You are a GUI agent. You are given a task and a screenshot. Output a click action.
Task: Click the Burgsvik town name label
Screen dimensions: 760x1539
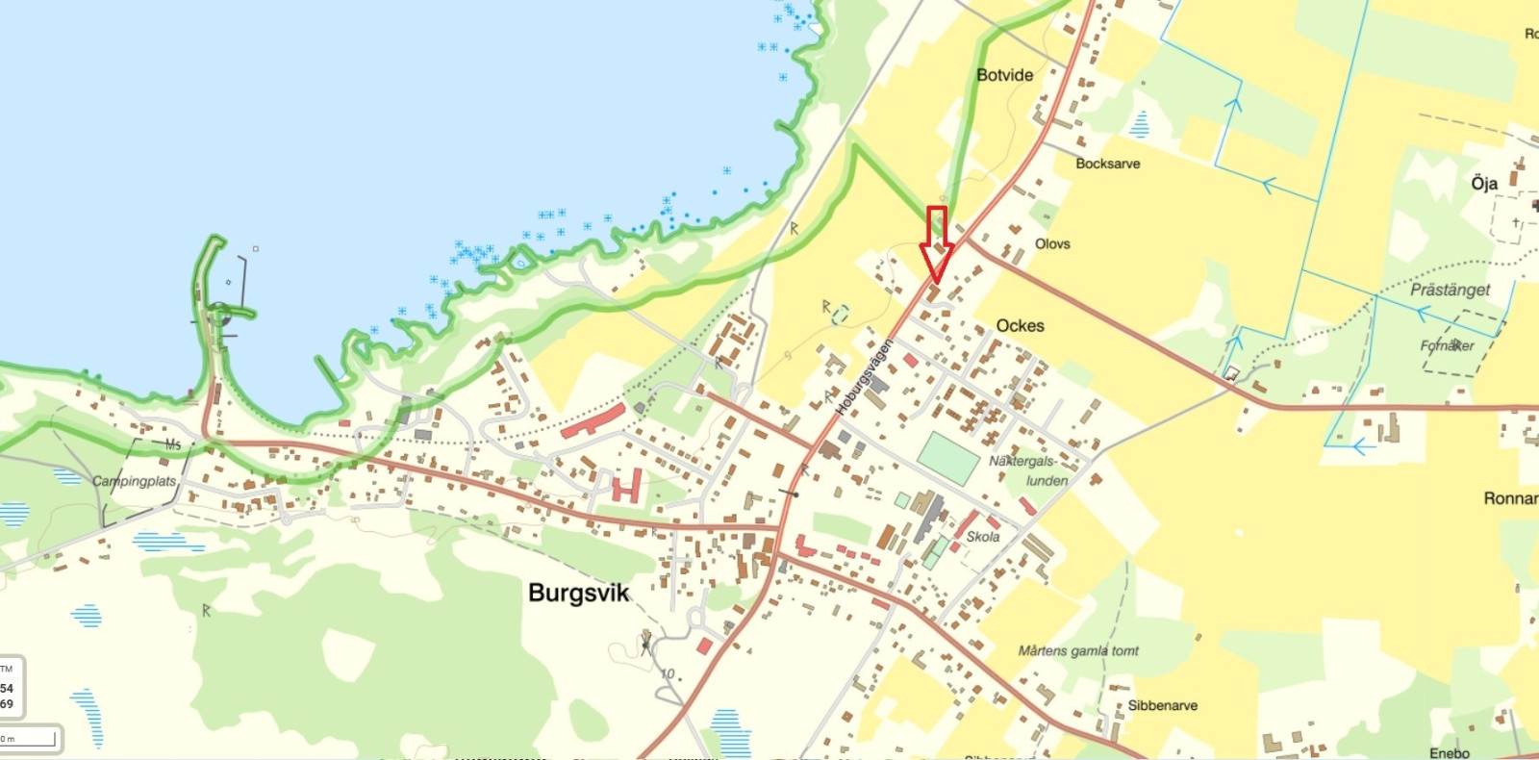(578, 593)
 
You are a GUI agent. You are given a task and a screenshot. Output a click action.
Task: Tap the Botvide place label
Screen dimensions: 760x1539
(1004, 75)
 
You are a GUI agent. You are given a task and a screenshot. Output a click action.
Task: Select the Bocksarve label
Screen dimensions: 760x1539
(1107, 164)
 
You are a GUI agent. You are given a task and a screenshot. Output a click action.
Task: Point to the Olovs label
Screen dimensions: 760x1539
(1052, 244)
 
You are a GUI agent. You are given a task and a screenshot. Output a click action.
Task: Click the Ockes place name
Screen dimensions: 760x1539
(1020, 326)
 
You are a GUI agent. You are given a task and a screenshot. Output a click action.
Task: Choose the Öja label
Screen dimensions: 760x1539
(1483, 183)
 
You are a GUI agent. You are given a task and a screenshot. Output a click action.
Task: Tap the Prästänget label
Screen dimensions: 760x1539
(1450, 290)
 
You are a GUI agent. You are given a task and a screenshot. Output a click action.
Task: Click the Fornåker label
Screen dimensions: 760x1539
(1447, 345)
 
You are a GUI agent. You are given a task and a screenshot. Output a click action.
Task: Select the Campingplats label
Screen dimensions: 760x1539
(134, 481)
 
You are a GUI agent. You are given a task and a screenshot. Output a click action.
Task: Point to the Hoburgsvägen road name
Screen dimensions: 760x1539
(863, 377)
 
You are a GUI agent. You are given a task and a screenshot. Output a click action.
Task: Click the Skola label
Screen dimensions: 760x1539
(982, 537)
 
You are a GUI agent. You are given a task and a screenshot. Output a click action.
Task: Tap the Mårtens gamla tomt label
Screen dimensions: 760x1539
(1077, 651)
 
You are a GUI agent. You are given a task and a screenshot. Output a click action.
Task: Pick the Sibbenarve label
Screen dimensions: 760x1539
(1162, 706)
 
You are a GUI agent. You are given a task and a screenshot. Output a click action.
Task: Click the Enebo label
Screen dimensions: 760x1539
(1449, 753)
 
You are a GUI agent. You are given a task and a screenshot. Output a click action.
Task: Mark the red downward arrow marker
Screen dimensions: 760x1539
(936, 245)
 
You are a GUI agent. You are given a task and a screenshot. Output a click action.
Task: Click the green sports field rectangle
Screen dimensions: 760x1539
(947, 458)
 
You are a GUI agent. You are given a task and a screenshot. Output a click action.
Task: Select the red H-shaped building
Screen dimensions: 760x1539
(626, 487)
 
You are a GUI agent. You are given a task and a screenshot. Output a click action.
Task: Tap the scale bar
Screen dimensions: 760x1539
(29, 739)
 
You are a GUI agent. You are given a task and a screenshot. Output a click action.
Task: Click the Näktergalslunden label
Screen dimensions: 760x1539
(1029, 471)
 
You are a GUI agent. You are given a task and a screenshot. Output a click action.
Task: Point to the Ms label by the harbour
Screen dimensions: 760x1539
(173, 444)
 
